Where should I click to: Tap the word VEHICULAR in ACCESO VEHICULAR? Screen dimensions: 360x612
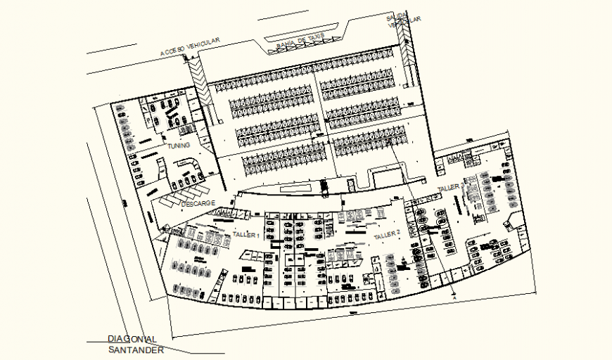(203, 43)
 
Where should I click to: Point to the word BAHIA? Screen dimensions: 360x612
(288, 44)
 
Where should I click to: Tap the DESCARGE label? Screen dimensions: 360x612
(198, 203)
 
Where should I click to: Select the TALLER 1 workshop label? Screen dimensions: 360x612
(246, 234)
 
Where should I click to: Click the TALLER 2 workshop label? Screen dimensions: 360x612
(387, 234)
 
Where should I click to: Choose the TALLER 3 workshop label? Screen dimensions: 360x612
(450, 188)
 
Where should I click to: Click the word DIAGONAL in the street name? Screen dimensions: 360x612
(132, 339)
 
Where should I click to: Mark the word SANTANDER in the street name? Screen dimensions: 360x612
(136, 350)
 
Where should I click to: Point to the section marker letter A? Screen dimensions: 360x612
(454, 298)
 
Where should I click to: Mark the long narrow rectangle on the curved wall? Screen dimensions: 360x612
(300, 189)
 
